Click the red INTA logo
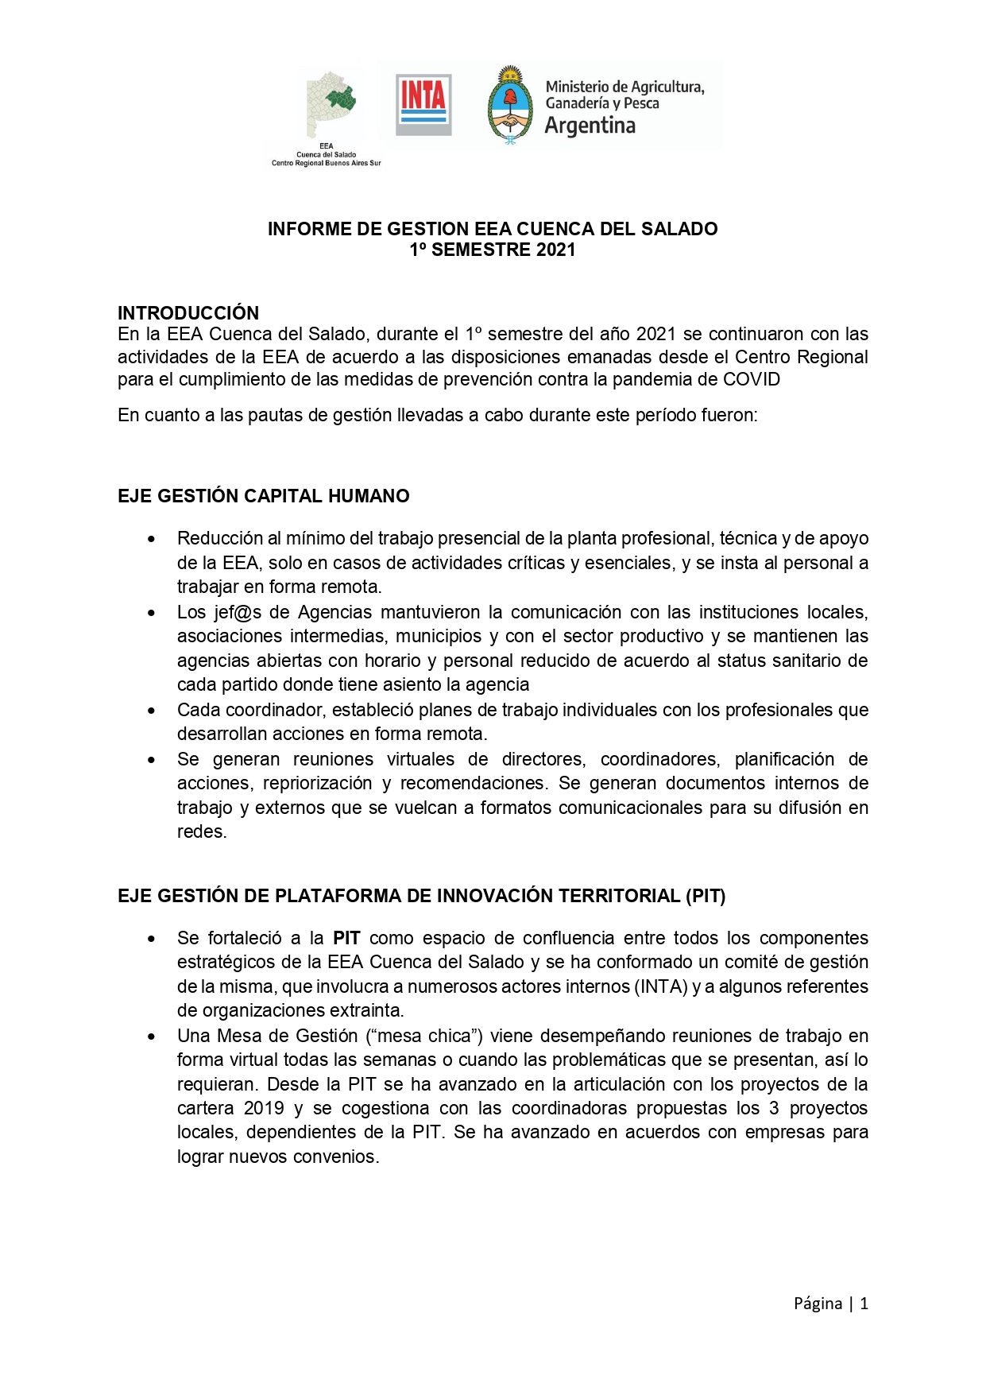click(x=423, y=104)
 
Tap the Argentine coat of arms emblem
click(x=510, y=105)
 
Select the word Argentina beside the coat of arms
click(x=590, y=126)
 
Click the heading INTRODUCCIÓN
click(x=188, y=312)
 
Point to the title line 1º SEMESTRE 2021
click(x=492, y=250)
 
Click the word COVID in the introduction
click(x=751, y=379)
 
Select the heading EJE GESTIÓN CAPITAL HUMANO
click(x=263, y=496)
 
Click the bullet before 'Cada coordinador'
click(x=151, y=711)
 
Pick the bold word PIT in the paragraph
click(x=346, y=938)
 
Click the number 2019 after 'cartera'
click(x=264, y=1108)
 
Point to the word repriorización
click(x=317, y=783)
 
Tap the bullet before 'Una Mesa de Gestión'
click(x=151, y=1037)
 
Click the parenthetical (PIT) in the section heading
click(x=705, y=896)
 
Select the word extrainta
click(x=368, y=1010)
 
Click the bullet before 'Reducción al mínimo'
click(x=151, y=539)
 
